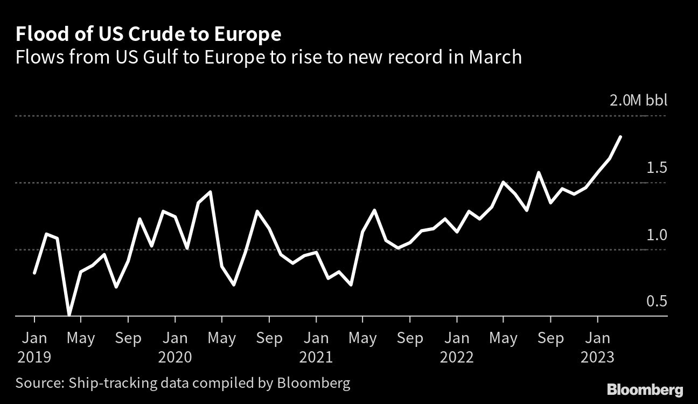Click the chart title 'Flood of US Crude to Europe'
tap(149, 34)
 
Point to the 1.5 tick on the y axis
tap(656, 168)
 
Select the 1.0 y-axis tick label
tap(656, 235)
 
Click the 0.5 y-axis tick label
tap(656, 302)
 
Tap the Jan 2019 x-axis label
tap(34, 347)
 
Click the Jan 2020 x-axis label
tap(175, 347)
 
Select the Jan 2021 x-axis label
tap(316, 347)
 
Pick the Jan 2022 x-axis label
tap(457, 347)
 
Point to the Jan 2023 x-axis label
tap(597, 347)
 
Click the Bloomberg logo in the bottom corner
tap(645, 389)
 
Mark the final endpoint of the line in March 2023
tap(621, 137)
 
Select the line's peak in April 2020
tap(210, 191)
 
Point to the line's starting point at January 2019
tap(34, 274)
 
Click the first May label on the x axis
tap(81, 338)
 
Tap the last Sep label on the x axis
tap(550, 338)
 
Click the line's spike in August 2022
tap(538, 172)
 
